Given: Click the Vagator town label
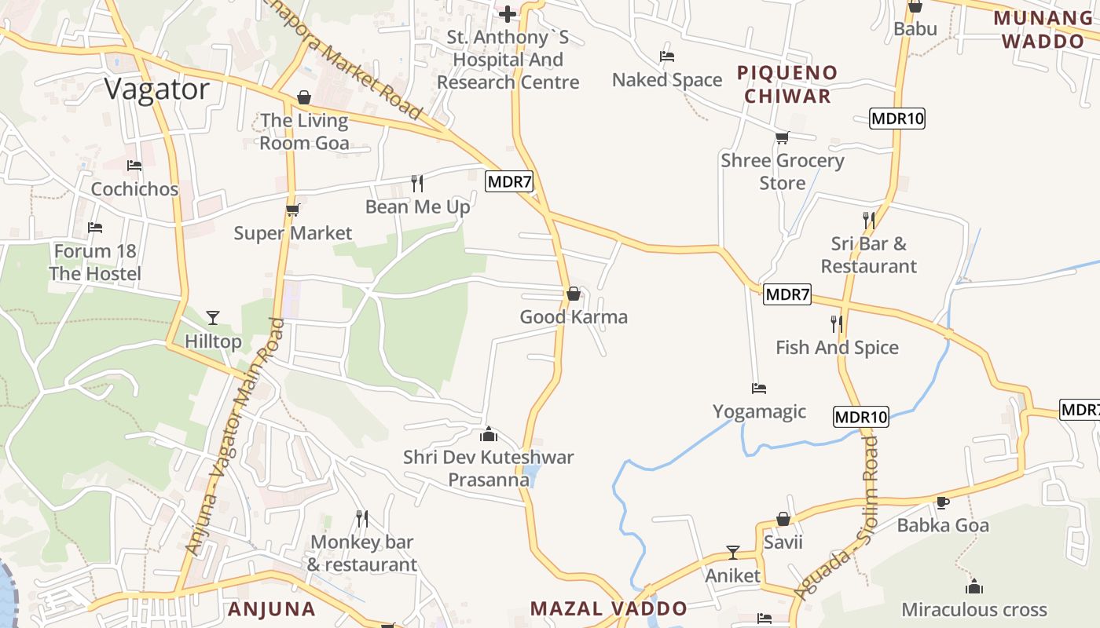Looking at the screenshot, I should point(157,89).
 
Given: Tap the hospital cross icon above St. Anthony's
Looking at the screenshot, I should point(508,13).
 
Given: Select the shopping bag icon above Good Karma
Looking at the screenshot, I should point(574,294).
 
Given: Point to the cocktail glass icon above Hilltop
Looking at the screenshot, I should point(212,318).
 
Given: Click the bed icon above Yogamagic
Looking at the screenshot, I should point(758,388).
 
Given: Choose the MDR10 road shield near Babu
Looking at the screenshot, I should point(897,119).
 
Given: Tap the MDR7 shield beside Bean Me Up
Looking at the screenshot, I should point(509,182).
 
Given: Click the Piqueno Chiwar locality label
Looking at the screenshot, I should point(787,85).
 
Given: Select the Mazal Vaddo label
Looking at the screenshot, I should point(609,608).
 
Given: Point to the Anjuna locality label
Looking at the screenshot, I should point(272,608).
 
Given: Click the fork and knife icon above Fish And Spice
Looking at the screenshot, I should point(837,323).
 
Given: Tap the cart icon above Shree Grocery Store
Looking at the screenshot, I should point(782,138).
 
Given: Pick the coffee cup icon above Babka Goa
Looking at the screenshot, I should point(943,502).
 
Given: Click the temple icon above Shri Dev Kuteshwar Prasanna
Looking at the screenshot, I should point(489,434).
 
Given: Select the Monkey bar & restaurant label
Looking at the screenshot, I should point(361,553).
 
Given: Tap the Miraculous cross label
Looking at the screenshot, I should point(974,609).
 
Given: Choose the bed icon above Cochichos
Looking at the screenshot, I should point(134,166).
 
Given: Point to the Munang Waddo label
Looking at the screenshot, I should point(1045,29).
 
